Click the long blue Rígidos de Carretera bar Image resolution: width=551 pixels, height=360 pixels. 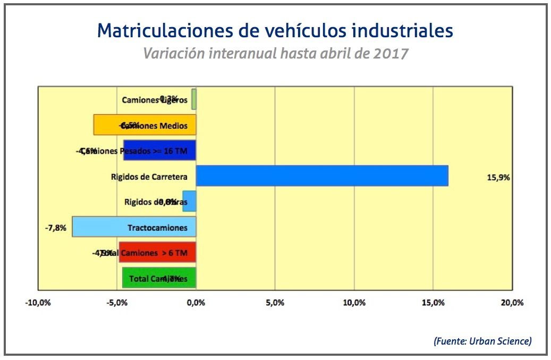[321, 175]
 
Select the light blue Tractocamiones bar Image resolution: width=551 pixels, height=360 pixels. [134, 227]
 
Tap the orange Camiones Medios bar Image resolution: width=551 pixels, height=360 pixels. [145, 125]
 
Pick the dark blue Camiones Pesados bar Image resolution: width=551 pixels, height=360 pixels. [159, 150]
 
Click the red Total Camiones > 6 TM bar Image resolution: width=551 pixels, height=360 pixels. [157, 252]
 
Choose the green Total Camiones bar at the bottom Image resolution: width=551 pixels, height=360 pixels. [159, 278]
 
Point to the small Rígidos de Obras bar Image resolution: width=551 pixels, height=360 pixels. [190, 201]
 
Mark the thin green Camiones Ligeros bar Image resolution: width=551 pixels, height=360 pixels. [194, 99]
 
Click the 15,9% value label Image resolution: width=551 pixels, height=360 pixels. [498, 178]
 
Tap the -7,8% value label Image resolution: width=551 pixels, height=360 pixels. [56, 228]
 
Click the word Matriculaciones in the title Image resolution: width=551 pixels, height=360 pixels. [163, 30]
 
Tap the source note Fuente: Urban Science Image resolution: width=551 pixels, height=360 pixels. [482, 341]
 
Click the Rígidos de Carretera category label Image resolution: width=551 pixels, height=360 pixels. [149, 177]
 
